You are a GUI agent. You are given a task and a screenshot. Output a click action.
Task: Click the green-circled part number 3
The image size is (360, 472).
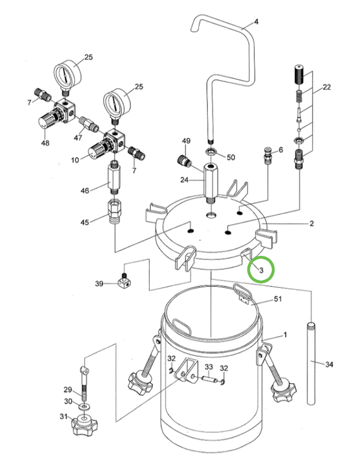pyautogui.click(x=261, y=269)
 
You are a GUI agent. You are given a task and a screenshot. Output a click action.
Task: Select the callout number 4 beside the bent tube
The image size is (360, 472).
pyautogui.click(x=256, y=23)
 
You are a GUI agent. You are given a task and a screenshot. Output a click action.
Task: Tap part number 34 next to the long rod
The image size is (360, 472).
pyautogui.click(x=330, y=365)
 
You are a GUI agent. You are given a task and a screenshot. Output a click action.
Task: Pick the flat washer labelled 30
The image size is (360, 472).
pyautogui.click(x=83, y=405)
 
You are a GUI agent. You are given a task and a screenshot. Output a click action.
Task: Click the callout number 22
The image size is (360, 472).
pyautogui.click(x=327, y=87)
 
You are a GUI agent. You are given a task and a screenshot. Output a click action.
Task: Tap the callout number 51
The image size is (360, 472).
pyautogui.click(x=277, y=300)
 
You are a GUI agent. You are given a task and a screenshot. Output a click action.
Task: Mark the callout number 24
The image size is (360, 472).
pyautogui.click(x=183, y=181)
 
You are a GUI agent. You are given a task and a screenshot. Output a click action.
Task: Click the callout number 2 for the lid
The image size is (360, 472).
pyautogui.click(x=312, y=224)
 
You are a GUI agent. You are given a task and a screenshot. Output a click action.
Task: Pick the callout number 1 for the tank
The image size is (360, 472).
pyautogui.click(x=285, y=335)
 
